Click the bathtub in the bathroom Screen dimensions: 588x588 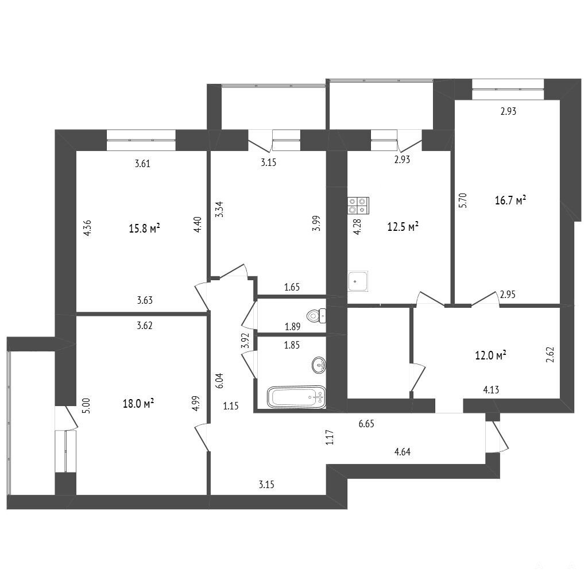coord(297,397)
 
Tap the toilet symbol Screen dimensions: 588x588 coord(316,316)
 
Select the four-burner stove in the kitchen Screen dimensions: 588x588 coord(358,206)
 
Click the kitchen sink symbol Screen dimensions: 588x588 coord(358,281)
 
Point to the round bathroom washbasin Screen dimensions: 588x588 coord(319,365)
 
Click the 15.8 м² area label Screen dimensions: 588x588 coord(145,229)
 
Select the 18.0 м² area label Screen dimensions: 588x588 coord(138,404)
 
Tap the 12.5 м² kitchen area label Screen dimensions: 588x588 coord(403,226)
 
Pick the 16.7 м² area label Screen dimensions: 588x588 coord(510,200)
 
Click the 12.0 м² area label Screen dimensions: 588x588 coord(491,355)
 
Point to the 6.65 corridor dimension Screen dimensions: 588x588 coord(366,424)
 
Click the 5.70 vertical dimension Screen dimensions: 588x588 coord(463,200)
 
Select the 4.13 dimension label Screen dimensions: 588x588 coord(491,390)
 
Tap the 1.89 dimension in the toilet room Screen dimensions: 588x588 coord(292,327)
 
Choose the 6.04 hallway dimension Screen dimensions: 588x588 coord(220,381)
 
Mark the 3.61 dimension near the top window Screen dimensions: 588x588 coord(142,164)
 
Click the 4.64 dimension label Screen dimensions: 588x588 coord(403,452)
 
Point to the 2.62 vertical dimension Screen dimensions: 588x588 coord(550,354)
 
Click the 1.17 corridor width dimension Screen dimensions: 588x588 coord(330,437)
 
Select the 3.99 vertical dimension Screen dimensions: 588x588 coord(317,223)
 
